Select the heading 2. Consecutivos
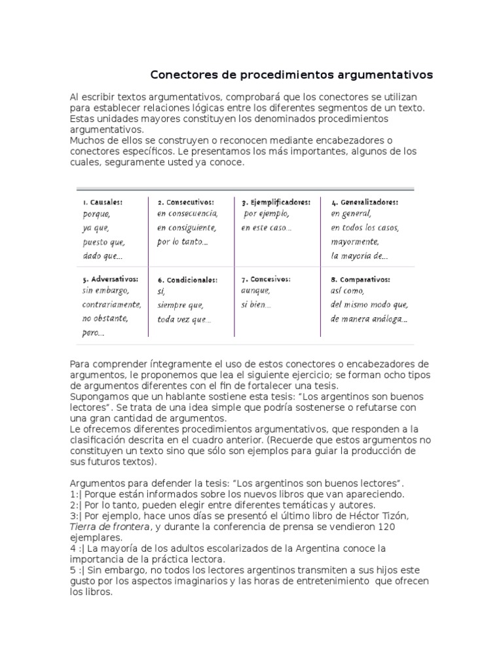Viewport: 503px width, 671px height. (x=185, y=202)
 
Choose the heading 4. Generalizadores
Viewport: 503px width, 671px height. (x=364, y=202)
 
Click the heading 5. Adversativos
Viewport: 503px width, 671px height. (x=110, y=278)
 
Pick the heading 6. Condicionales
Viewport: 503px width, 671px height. (x=187, y=280)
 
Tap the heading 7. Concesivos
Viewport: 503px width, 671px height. (x=266, y=279)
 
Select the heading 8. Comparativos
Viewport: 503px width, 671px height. (x=360, y=279)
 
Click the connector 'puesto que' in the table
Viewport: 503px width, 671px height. (x=103, y=242)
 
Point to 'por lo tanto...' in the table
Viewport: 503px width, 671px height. (x=183, y=242)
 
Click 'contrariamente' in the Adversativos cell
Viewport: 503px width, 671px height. (x=111, y=305)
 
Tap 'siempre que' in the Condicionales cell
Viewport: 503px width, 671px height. (x=180, y=305)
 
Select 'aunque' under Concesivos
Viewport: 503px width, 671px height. (x=255, y=291)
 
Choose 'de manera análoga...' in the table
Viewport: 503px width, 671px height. (x=369, y=319)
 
